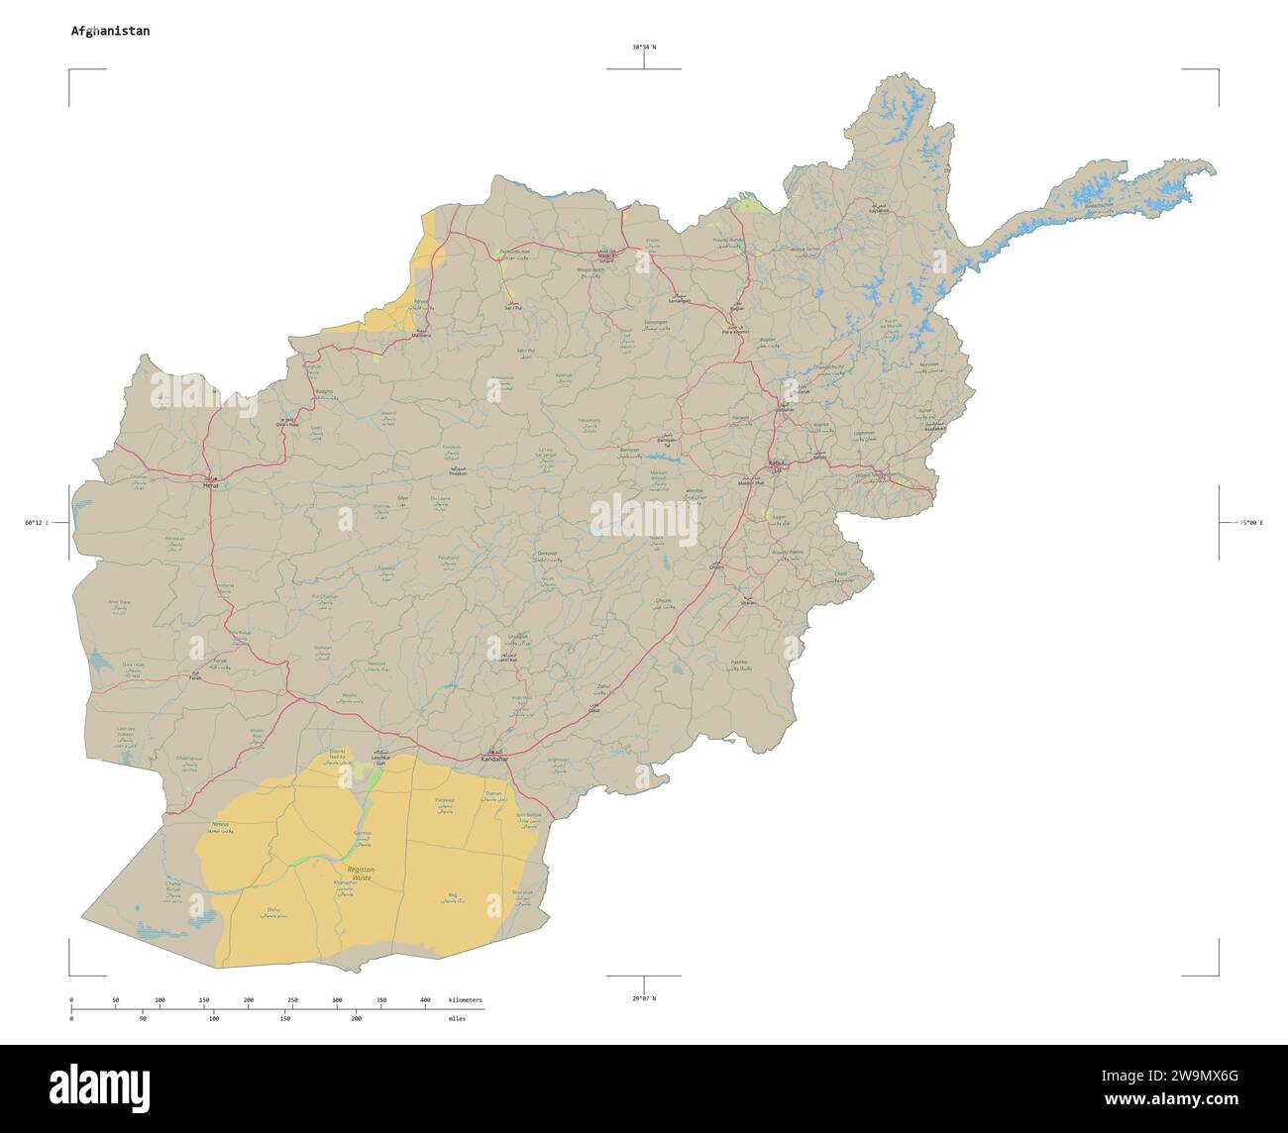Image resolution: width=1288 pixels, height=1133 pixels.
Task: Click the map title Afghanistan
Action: (110, 31)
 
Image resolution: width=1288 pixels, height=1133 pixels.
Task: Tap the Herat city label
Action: (209, 485)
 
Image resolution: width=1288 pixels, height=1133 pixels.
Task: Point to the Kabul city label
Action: (777, 463)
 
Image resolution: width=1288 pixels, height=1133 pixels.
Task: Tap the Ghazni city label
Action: (716, 566)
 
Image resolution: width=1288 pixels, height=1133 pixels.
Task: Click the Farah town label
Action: (195, 677)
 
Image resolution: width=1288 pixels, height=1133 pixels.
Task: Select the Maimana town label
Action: (422, 336)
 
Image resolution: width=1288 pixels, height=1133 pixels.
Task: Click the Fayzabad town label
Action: (879, 210)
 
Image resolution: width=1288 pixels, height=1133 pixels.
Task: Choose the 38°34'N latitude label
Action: (644, 47)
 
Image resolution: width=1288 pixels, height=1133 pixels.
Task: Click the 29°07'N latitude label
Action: (644, 997)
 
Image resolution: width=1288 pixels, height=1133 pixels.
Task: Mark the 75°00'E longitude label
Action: (1250, 522)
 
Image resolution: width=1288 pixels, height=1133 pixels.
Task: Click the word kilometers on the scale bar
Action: (465, 1000)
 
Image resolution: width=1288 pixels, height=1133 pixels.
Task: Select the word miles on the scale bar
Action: (457, 1018)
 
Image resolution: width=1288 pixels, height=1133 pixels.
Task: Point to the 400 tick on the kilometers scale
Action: (425, 1000)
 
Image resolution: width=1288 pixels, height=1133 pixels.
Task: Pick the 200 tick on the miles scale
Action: (356, 1018)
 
